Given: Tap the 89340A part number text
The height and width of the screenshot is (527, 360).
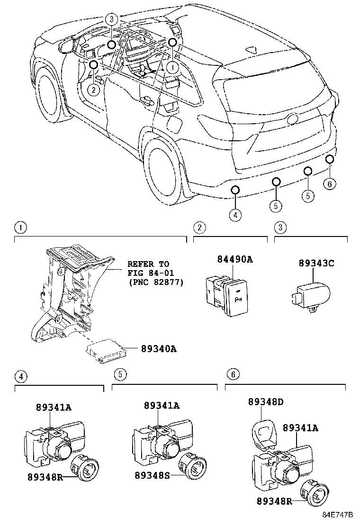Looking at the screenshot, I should (x=159, y=349).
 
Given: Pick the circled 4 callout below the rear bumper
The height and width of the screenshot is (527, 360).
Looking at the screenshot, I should (x=235, y=215).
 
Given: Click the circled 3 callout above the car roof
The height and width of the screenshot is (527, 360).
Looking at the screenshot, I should (x=111, y=19).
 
